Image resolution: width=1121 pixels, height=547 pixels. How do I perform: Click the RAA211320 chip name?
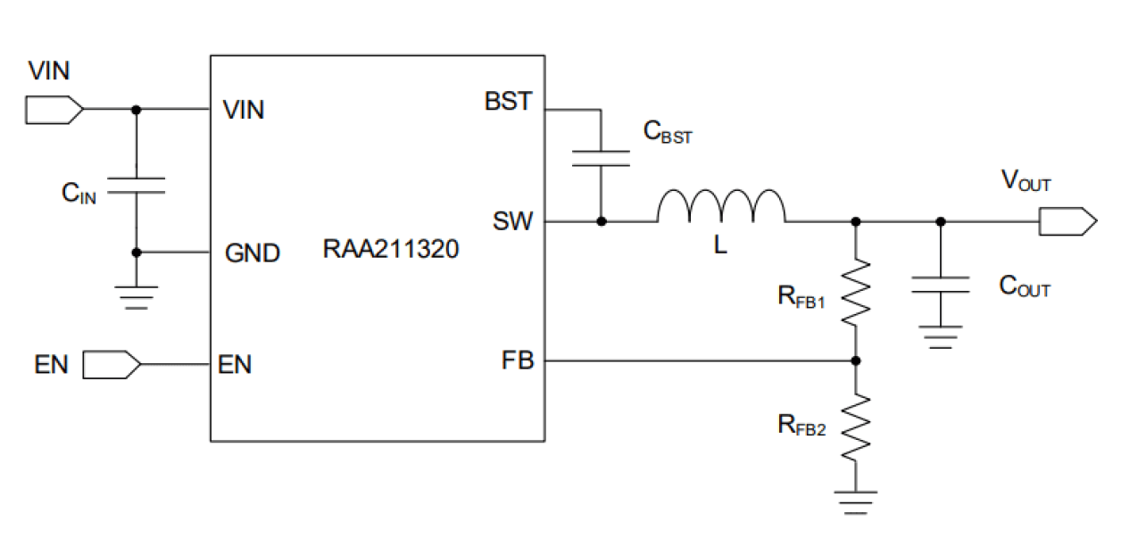click(390, 250)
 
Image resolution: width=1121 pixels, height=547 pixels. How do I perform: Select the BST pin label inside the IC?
click(508, 102)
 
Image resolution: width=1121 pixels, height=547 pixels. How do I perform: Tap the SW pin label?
click(512, 221)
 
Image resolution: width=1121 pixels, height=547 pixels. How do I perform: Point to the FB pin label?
click(518, 361)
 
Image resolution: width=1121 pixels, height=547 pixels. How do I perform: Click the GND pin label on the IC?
click(253, 253)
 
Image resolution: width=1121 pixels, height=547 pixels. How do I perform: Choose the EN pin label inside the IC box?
click(235, 364)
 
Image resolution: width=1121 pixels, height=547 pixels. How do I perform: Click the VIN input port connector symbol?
click(54, 110)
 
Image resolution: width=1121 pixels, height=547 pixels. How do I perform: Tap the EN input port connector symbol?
click(112, 364)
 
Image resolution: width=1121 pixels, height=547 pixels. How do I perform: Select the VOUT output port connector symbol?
click(1067, 221)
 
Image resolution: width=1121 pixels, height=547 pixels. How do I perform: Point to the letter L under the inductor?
click(720, 246)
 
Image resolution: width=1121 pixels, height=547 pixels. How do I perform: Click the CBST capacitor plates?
click(601, 158)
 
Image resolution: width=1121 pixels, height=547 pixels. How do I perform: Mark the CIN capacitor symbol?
click(136, 186)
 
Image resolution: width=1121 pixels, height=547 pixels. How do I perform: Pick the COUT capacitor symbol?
click(940, 286)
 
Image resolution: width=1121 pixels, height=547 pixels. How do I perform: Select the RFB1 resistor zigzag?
click(856, 292)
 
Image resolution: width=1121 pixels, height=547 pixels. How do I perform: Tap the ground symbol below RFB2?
click(856, 501)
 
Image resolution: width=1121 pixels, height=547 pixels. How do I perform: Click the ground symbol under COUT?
click(940, 336)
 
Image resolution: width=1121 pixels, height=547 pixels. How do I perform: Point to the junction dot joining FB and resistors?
click(856, 361)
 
